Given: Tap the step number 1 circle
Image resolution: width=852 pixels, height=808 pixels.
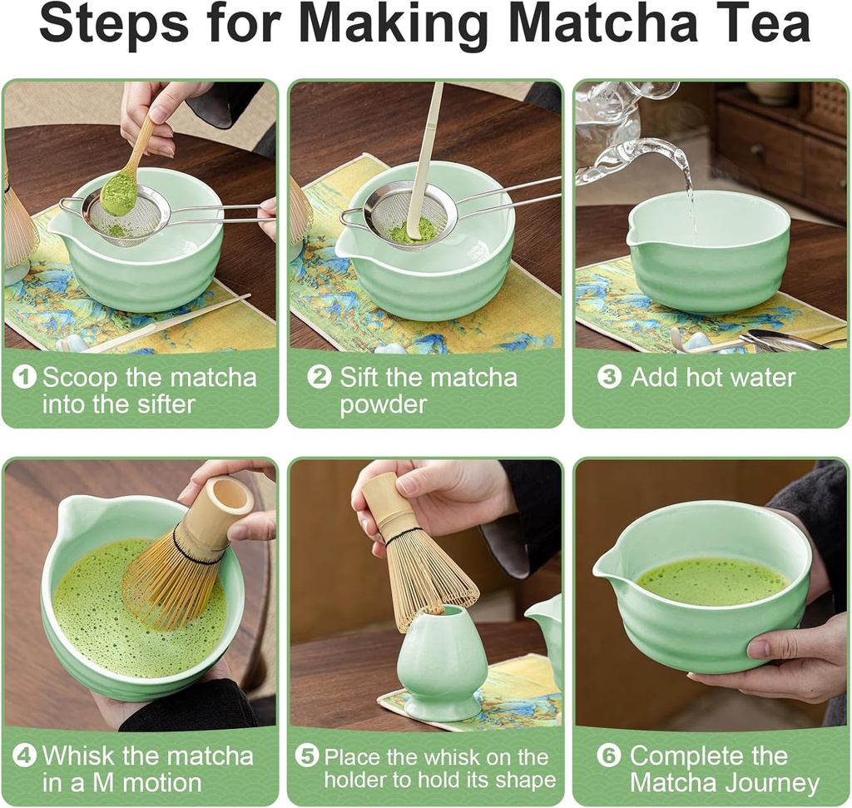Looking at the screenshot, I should click(26, 377).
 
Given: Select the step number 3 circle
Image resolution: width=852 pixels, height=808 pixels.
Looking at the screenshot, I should click(609, 377).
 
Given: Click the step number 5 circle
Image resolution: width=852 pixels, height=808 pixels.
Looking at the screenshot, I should click(307, 756).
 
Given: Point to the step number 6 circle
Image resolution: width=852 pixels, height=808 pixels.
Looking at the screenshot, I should click(609, 756).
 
